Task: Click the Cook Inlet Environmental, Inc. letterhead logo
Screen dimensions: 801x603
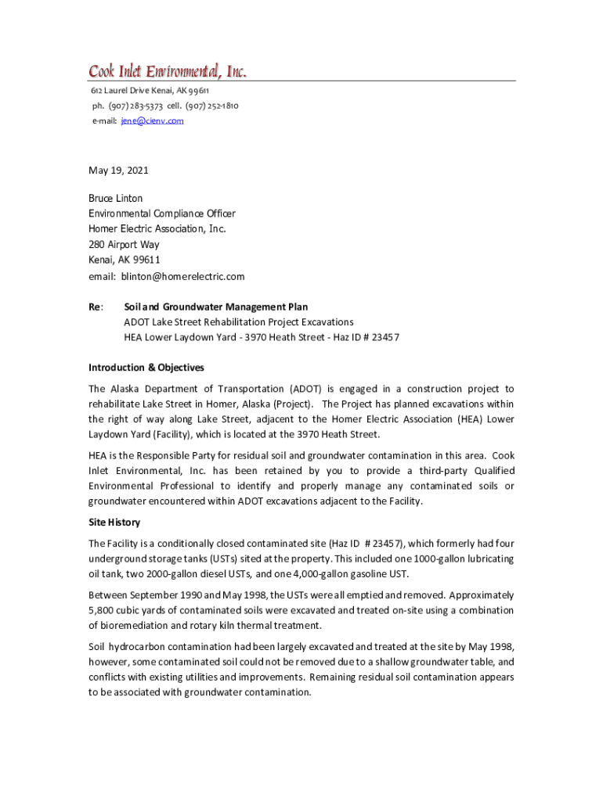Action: (x=168, y=72)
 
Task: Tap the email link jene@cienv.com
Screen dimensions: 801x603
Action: (x=152, y=121)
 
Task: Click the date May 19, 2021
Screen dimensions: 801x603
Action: (x=118, y=171)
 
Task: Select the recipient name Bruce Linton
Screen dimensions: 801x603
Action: (x=115, y=199)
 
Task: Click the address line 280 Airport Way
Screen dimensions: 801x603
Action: (x=124, y=245)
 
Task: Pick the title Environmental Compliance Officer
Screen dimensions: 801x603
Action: (x=161, y=214)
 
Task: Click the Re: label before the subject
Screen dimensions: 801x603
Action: (x=96, y=307)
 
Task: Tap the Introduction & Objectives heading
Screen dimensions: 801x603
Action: (x=146, y=368)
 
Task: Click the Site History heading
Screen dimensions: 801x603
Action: (x=114, y=523)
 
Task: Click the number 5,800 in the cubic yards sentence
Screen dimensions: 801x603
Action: (x=102, y=610)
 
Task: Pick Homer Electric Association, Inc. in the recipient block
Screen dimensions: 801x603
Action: (x=157, y=229)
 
